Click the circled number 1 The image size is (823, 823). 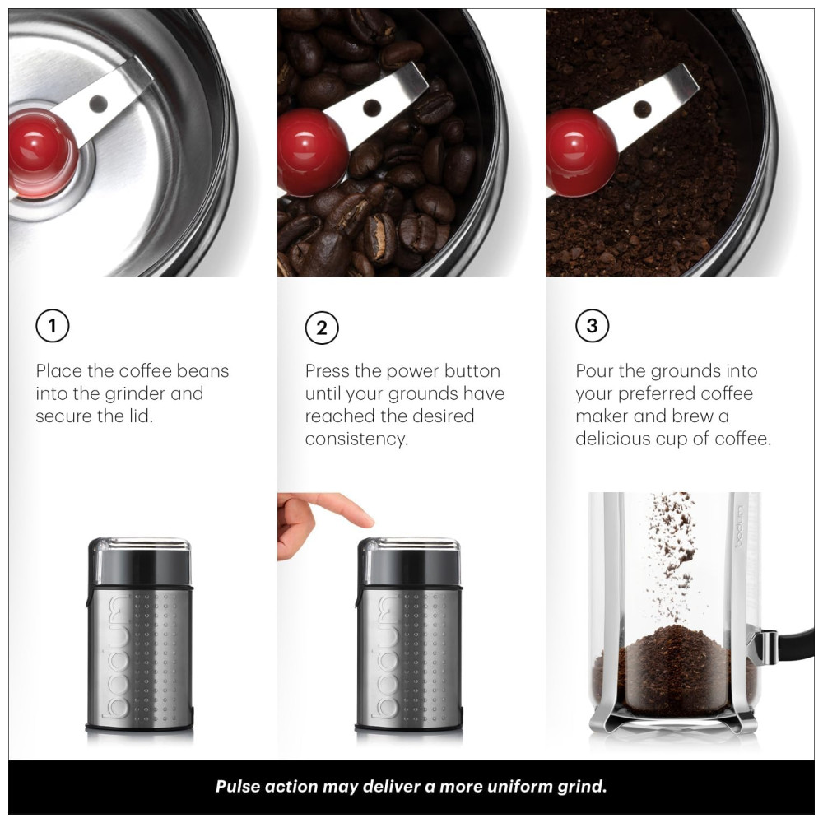pyautogui.click(x=53, y=326)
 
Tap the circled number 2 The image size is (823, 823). pyautogui.click(x=322, y=328)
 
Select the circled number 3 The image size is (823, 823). pyautogui.click(x=592, y=326)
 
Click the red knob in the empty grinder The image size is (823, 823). pyautogui.click(x=42, y=152)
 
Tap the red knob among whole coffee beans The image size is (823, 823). pyautogui.click(x=312, y=153)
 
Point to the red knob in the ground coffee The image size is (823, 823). pyautogui.click(x=581, y=153)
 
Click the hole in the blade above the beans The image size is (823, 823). pyautogui.click(x=372, y=108)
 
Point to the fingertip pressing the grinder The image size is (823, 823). pyautogui.click(x=364, y=519)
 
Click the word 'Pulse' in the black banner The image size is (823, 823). pyautogui.click(x=238, y=786)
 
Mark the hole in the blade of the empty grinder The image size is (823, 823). pyautogui.click(x=98, y=104)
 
